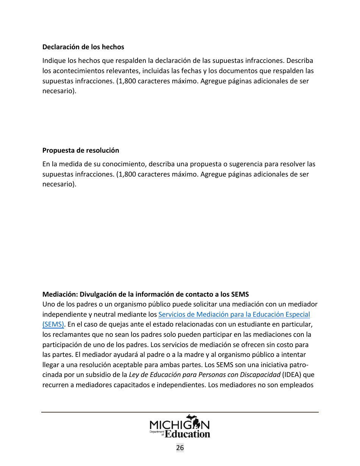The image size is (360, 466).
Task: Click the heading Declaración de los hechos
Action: [83, 47]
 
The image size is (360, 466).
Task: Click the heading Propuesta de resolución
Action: [80, 150]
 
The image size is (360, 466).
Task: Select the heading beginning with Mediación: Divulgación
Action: [145, 294]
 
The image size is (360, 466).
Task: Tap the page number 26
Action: [180, 448]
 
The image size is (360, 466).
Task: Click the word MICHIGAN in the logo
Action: [180, 424]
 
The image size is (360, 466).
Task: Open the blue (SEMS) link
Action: [53, 324]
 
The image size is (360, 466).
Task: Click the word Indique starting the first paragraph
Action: [53, 61]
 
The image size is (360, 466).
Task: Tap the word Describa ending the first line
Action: [300, 61]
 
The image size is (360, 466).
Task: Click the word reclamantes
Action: [69, 335]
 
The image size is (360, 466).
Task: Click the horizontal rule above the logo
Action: [180, 412]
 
